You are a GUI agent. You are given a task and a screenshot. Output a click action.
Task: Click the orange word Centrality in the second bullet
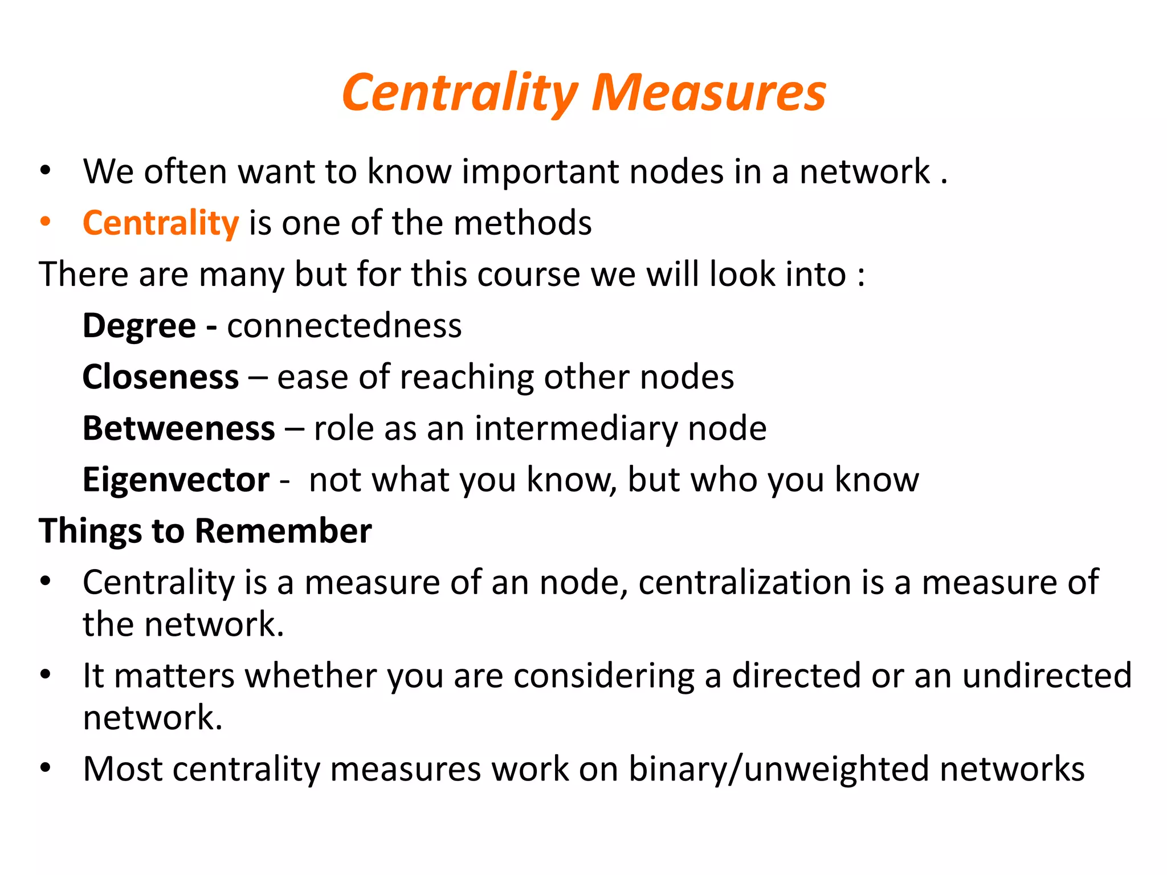tap(161, 223)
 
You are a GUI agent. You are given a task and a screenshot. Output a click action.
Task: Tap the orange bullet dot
tap(46, 222)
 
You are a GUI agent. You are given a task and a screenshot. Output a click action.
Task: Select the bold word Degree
tap(140, 326)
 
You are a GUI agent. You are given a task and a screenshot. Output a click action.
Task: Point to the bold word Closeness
tap(161, 377)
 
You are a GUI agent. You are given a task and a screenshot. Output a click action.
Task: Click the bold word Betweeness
tap(179, 428)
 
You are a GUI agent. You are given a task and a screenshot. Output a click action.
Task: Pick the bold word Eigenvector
tap(176, 480)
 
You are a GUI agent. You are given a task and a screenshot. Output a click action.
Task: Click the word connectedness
tap(344, 326)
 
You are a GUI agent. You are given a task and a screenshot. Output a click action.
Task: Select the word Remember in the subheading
tap(283, 531)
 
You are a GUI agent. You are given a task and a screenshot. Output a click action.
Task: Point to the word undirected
tap(1047, 676)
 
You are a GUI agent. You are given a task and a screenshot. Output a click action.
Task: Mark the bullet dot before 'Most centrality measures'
tap(46, 768)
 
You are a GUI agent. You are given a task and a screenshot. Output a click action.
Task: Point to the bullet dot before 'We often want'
tap(46, 171)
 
